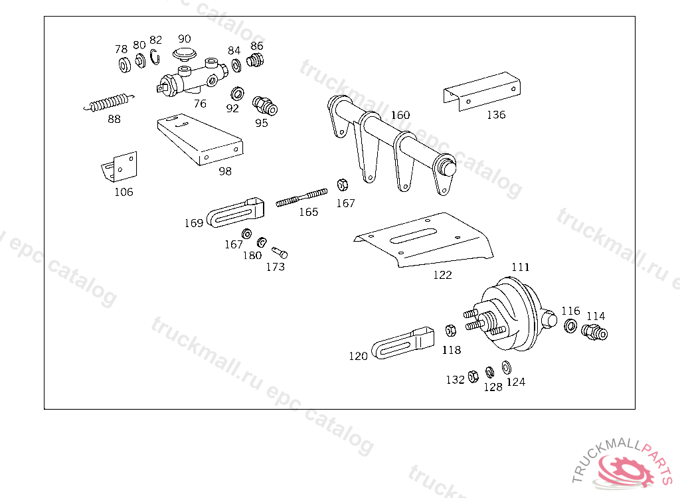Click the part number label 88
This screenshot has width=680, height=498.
tap(114, 120)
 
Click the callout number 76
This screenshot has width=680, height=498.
tap(200, 104)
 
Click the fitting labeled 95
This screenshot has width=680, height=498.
tap(265, 106)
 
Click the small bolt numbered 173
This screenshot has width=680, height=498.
tap(280, 252)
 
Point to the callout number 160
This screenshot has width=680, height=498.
tap(400, 115)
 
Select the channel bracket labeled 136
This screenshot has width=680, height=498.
tap(481, 90)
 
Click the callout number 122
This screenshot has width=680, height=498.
tap(442, 275)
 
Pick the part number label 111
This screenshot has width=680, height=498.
tap(521, 267)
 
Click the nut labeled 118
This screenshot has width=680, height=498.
tap(450, 330)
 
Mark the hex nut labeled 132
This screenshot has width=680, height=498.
tap(473, 376)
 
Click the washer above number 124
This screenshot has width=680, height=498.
tap(507, 367)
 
